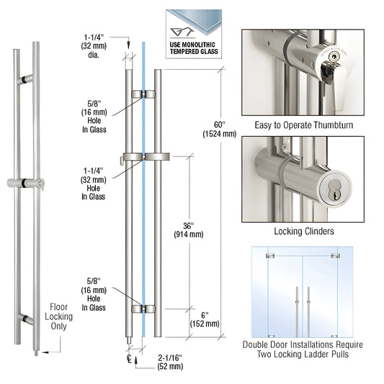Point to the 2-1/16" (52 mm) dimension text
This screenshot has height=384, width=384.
click(x=170, y=363)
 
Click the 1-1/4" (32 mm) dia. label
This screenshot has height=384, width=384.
click(x=95, y=44)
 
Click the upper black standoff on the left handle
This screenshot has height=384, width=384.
click(x=26, y=77)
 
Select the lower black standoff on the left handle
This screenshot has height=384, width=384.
click(x=26, y=318)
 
